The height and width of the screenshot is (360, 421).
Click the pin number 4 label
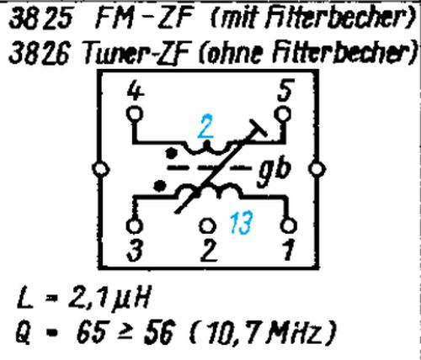point(136,93)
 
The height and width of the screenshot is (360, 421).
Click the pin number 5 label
point(286,90)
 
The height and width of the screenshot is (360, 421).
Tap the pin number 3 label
point(135,251)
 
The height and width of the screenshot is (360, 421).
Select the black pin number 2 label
point(209,251)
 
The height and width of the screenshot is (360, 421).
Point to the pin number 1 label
point(288,251)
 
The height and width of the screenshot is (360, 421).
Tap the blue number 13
point(242,222)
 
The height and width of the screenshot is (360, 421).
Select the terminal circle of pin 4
point(135,114)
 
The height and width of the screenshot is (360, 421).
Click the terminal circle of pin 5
point(283,114)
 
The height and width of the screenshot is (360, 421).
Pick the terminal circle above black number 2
point(207,225)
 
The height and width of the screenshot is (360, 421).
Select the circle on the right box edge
point(317,169)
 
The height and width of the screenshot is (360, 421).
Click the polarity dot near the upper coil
point(171,153)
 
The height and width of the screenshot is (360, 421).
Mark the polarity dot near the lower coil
point(160,186)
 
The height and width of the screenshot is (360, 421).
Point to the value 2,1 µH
point(109,297)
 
